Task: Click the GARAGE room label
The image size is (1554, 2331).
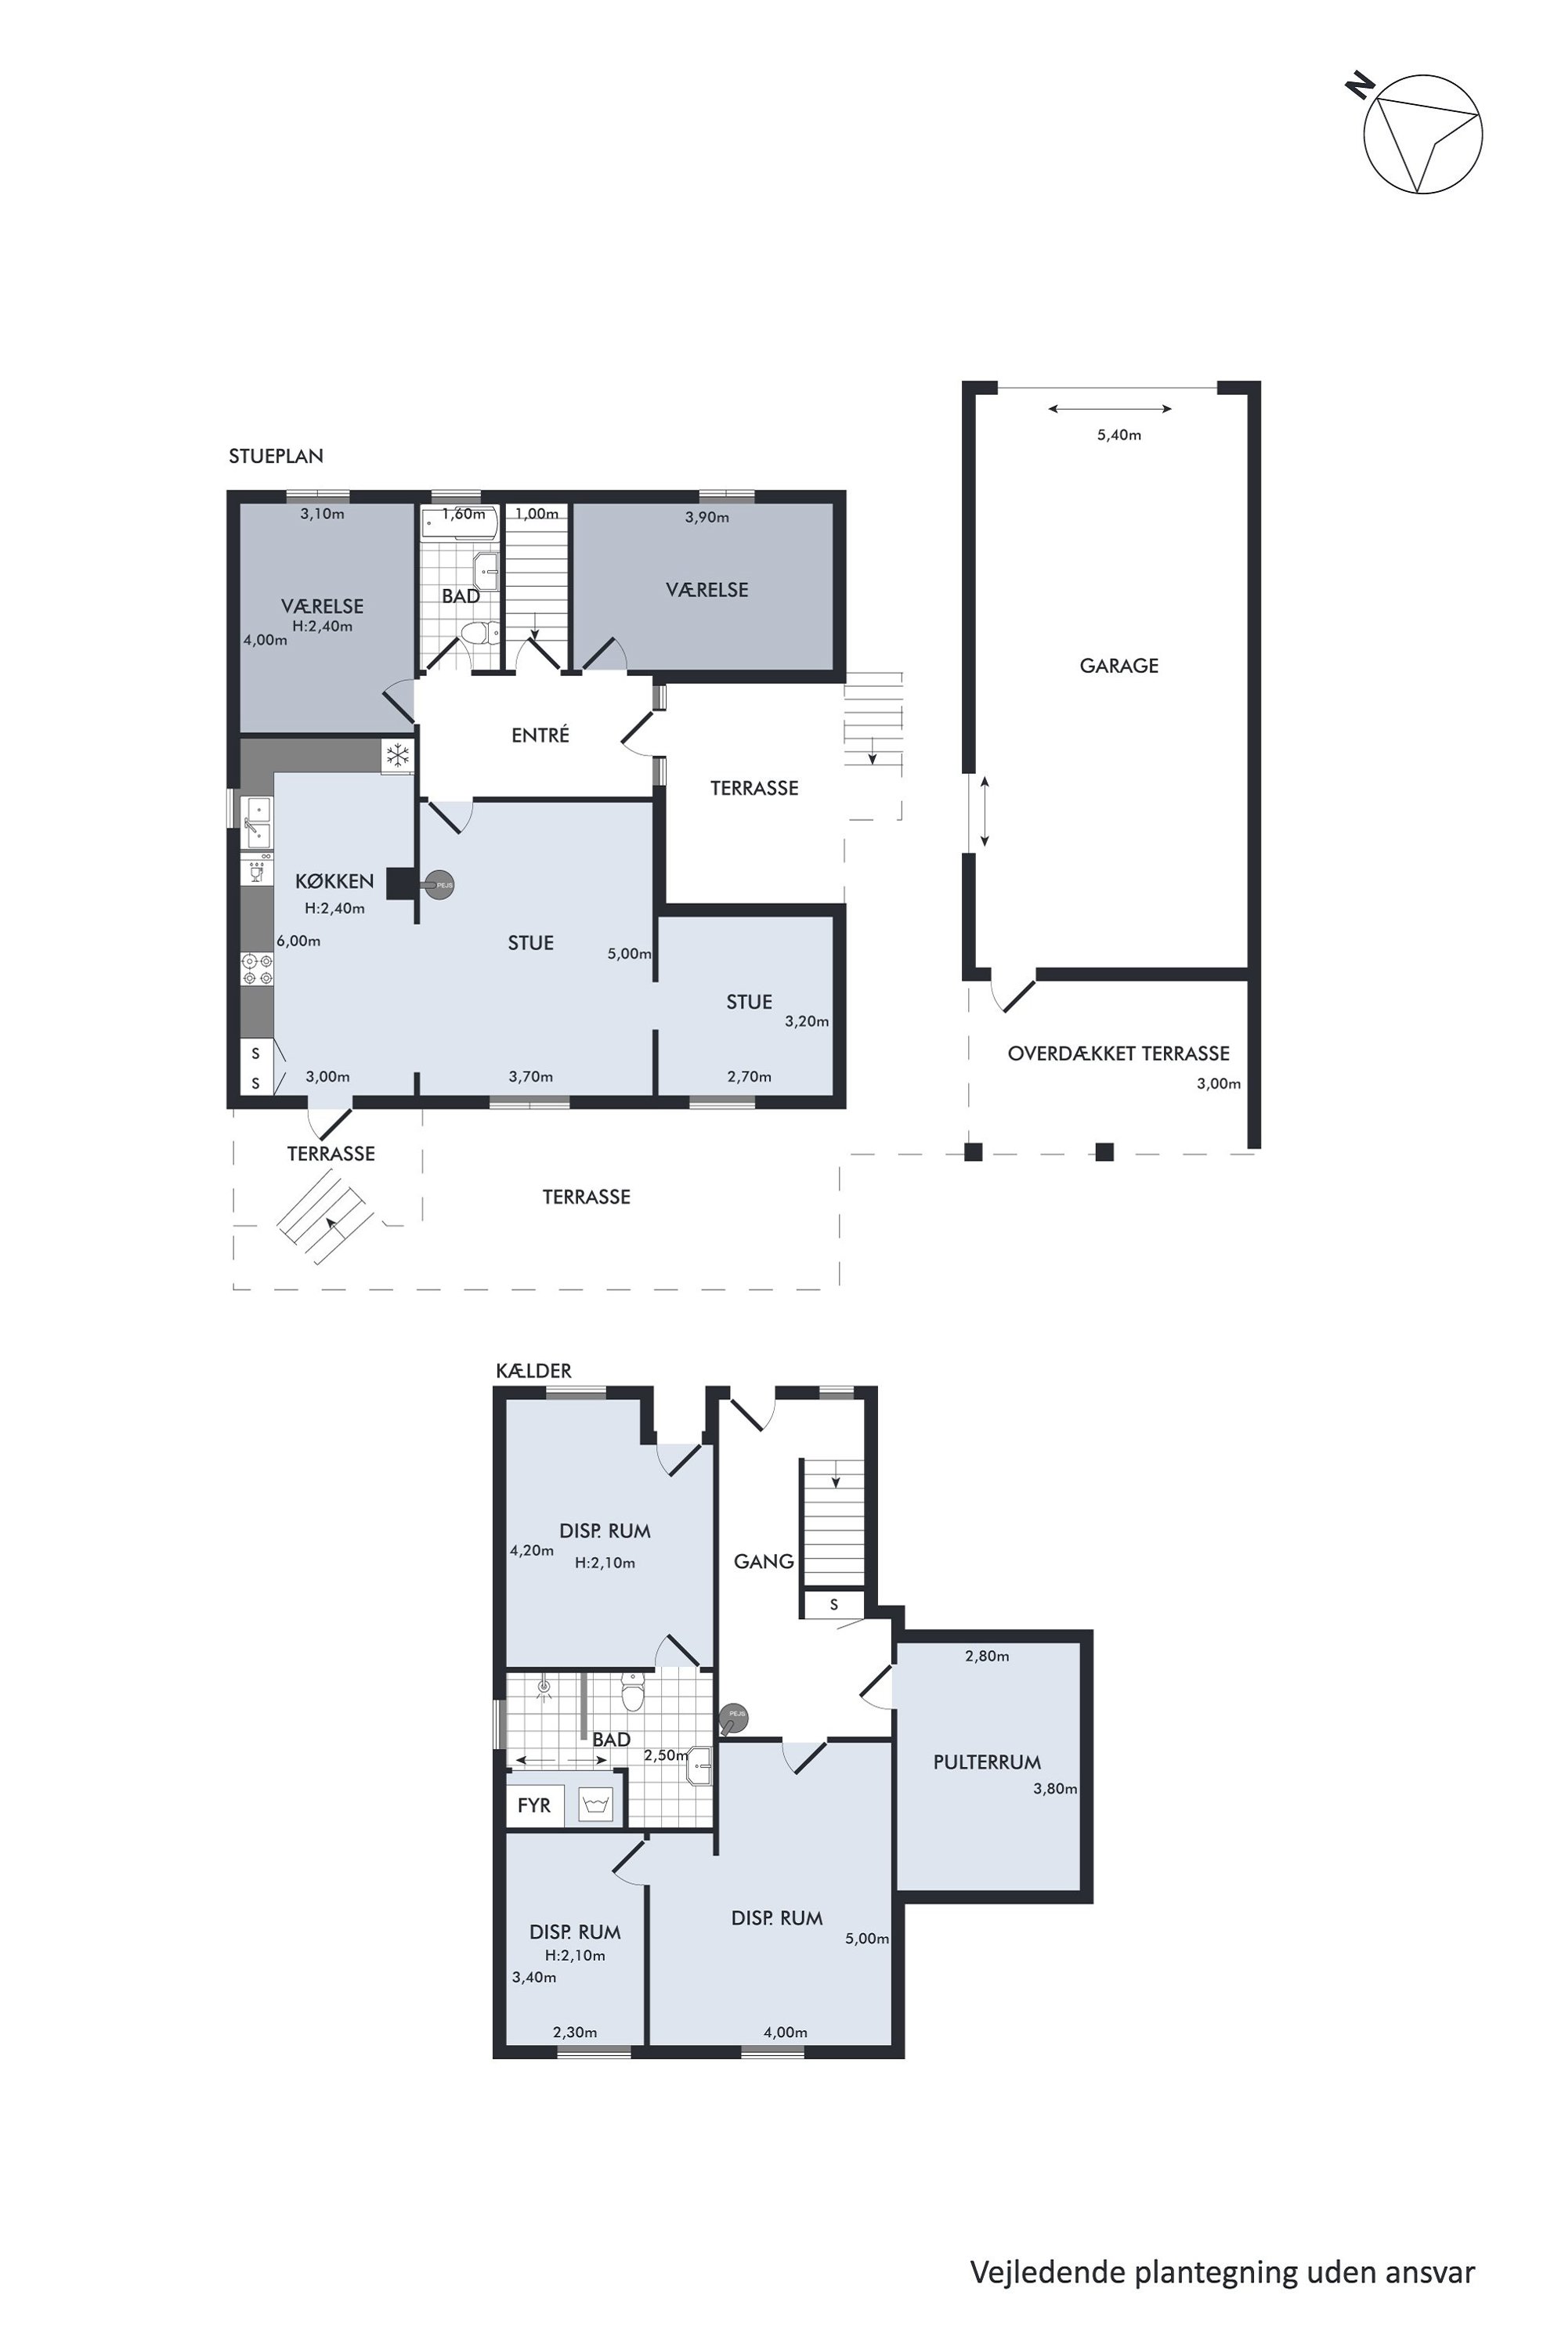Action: (1119, 666)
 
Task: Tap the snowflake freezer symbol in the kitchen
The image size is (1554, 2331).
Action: (397, 756)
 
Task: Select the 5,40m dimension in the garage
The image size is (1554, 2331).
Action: (1119, 435)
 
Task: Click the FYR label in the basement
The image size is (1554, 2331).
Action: (534, 1805)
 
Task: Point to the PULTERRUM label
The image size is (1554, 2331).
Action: (987, 1762)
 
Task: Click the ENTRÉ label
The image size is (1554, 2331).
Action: (540, 735)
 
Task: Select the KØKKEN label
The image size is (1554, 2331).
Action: (335, 881)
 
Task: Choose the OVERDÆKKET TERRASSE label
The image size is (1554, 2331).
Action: (1119, 1053)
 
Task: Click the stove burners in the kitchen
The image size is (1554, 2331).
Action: (258, 969)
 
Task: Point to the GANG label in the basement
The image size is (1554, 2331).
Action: (764, 1561)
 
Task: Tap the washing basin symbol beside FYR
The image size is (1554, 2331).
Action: (594, 1804)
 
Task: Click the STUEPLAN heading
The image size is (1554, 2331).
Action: (276, 456)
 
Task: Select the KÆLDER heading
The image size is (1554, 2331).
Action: (534, 1371)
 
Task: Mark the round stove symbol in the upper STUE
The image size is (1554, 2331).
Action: (439, 884)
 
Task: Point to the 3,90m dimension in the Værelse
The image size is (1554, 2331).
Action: (707, 517)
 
